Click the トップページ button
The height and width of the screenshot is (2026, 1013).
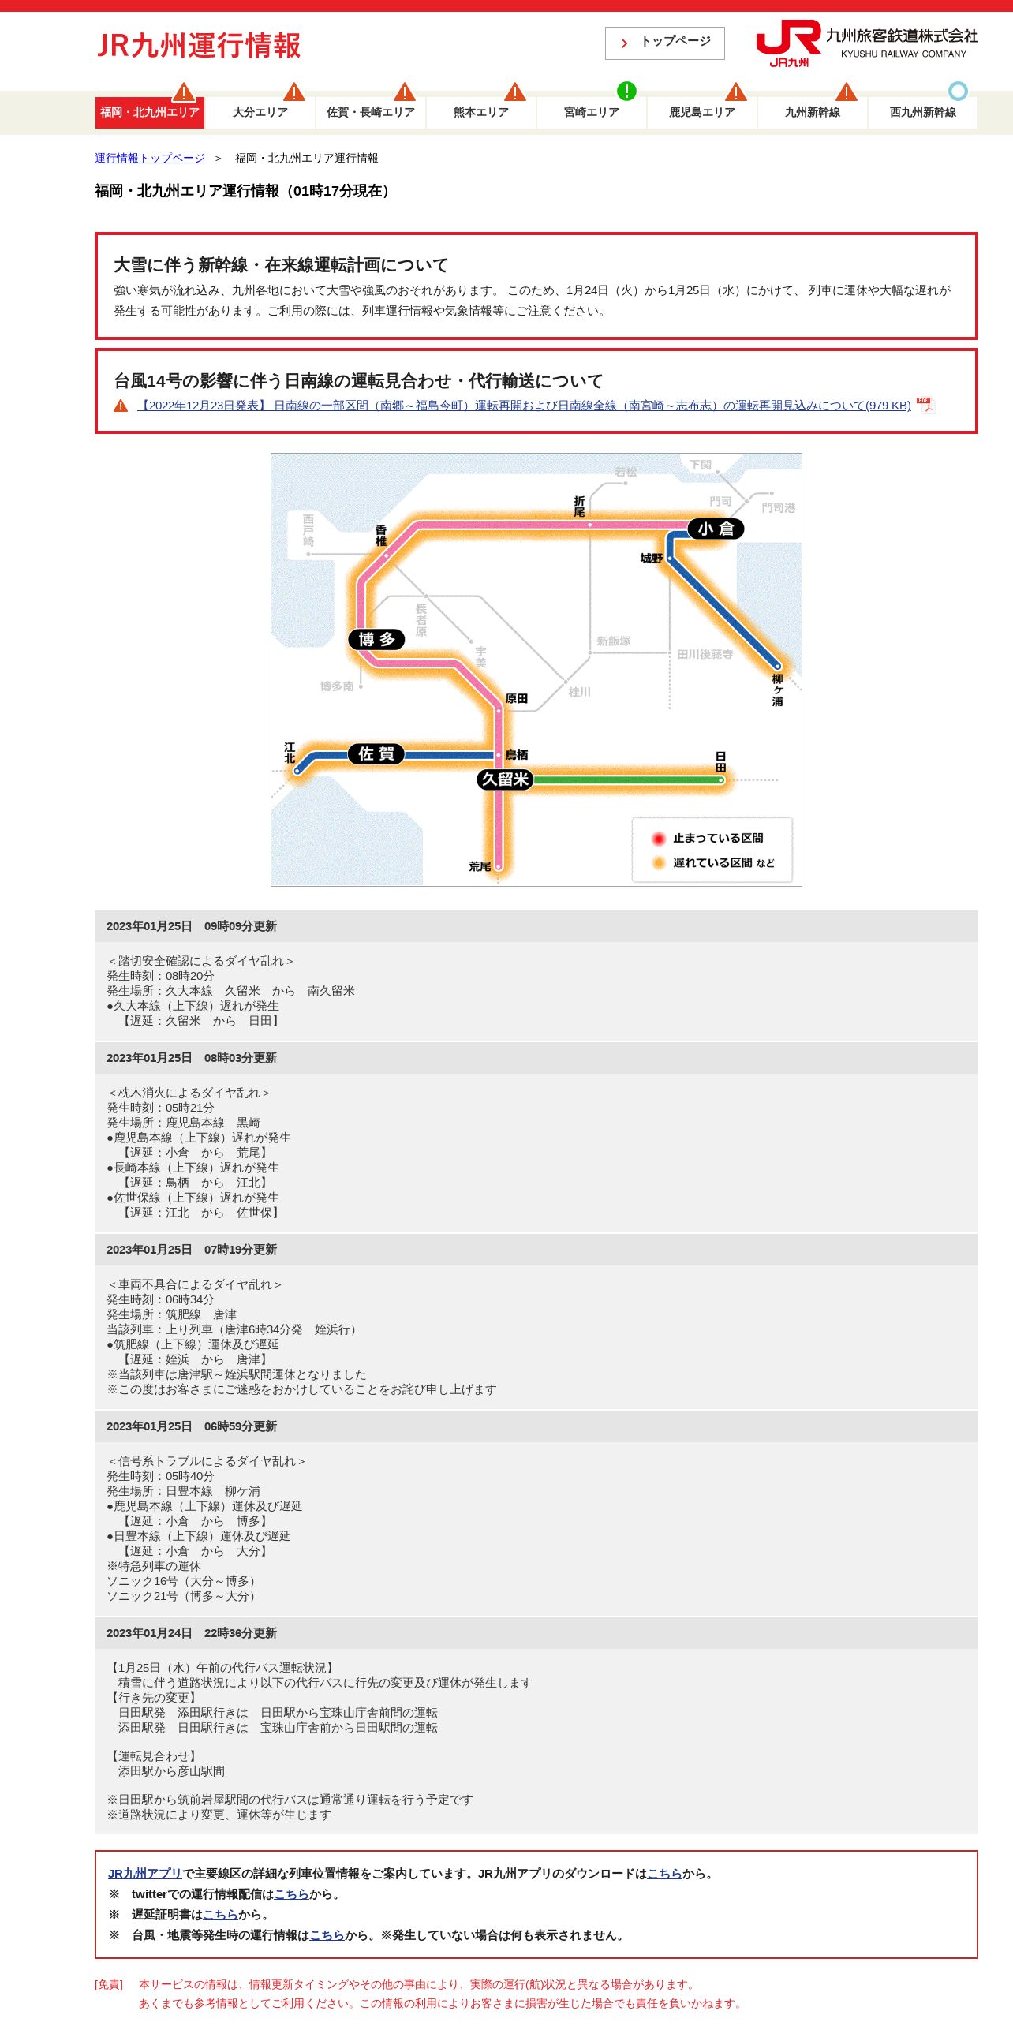pos(664,43)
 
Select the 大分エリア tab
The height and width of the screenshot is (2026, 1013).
pos(260,112)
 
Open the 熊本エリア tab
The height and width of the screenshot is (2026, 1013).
pos(481,112)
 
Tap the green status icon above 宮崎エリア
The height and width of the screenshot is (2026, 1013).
pos(626,91)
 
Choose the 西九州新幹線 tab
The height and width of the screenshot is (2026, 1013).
pos(922,112)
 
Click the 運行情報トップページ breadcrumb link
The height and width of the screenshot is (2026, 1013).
pos(150,158)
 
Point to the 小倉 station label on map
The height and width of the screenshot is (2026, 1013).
pos(716,529)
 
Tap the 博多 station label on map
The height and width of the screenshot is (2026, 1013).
pos(376,639)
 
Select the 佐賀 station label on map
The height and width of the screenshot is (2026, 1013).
pos(376,753)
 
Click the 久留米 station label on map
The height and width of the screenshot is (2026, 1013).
pos(505,779)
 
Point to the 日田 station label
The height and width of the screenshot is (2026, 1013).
pos(720,761)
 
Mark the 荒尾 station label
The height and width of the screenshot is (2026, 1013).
pos(480,866)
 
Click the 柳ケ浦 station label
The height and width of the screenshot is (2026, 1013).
pos(777,690)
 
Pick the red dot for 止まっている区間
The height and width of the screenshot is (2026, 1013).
pos(659,838)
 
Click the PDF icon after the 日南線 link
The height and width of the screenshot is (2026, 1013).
pos(925,405)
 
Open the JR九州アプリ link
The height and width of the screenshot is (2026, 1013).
pos(145,1873)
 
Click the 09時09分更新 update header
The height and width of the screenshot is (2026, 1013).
pos(192,926)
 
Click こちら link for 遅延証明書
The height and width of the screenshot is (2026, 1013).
pos(220,1914)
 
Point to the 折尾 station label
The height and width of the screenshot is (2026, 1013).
pos(579,506)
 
